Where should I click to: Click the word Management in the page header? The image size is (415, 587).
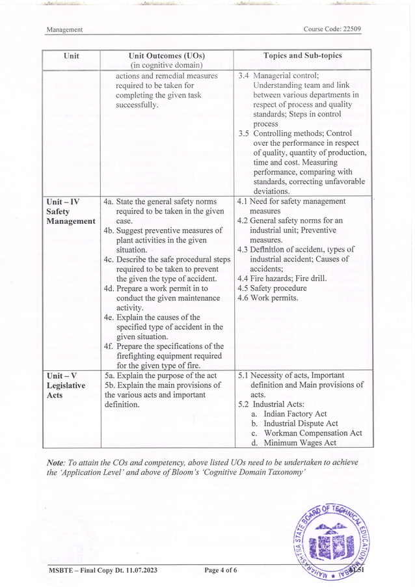click(x=64, y=30)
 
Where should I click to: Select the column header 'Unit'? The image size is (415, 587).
click(x=72, y=56)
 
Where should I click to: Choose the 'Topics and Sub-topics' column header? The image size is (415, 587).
click(x=302, y=56)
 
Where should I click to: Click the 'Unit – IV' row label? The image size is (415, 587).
click(x=62, y=202)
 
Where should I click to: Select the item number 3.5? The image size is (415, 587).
click(x=244, y=133)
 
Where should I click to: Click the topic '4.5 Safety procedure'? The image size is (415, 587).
click(x=272, y=288)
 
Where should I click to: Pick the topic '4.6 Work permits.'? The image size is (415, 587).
click(x=268, y=298)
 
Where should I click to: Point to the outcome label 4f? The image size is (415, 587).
click(x=109, y=346)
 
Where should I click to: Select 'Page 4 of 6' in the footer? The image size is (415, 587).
click(x=221, y=571)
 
